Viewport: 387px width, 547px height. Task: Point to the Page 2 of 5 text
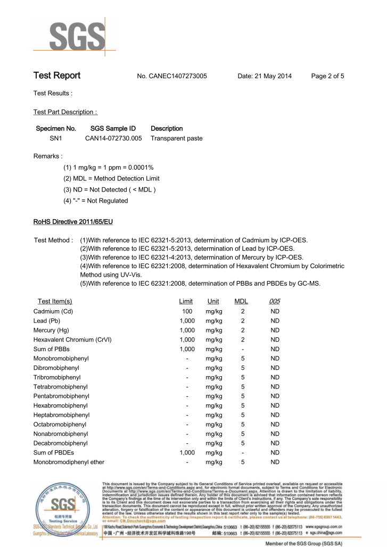[x=327, y=76]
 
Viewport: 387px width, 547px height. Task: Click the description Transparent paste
[x=177, y=138]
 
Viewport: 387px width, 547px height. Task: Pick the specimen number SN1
[x=56, y=138]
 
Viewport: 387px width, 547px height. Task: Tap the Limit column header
[x=186, y=302]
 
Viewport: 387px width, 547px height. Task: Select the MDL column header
[x=241, y=302]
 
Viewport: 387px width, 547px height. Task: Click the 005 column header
[x=275, y=302]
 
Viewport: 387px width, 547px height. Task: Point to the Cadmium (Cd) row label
[x=53, y=311]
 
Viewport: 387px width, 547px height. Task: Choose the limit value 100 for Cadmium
[x=187, y=311]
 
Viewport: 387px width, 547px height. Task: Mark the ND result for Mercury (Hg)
[x=275, y=330]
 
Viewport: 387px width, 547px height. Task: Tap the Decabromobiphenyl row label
[x=61, y=443]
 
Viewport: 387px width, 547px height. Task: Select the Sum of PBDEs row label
[x=54, y=453]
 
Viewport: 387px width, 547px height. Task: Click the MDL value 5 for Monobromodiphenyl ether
[x=242, y=462]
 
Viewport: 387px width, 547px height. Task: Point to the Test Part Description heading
[x=65, y=112]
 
